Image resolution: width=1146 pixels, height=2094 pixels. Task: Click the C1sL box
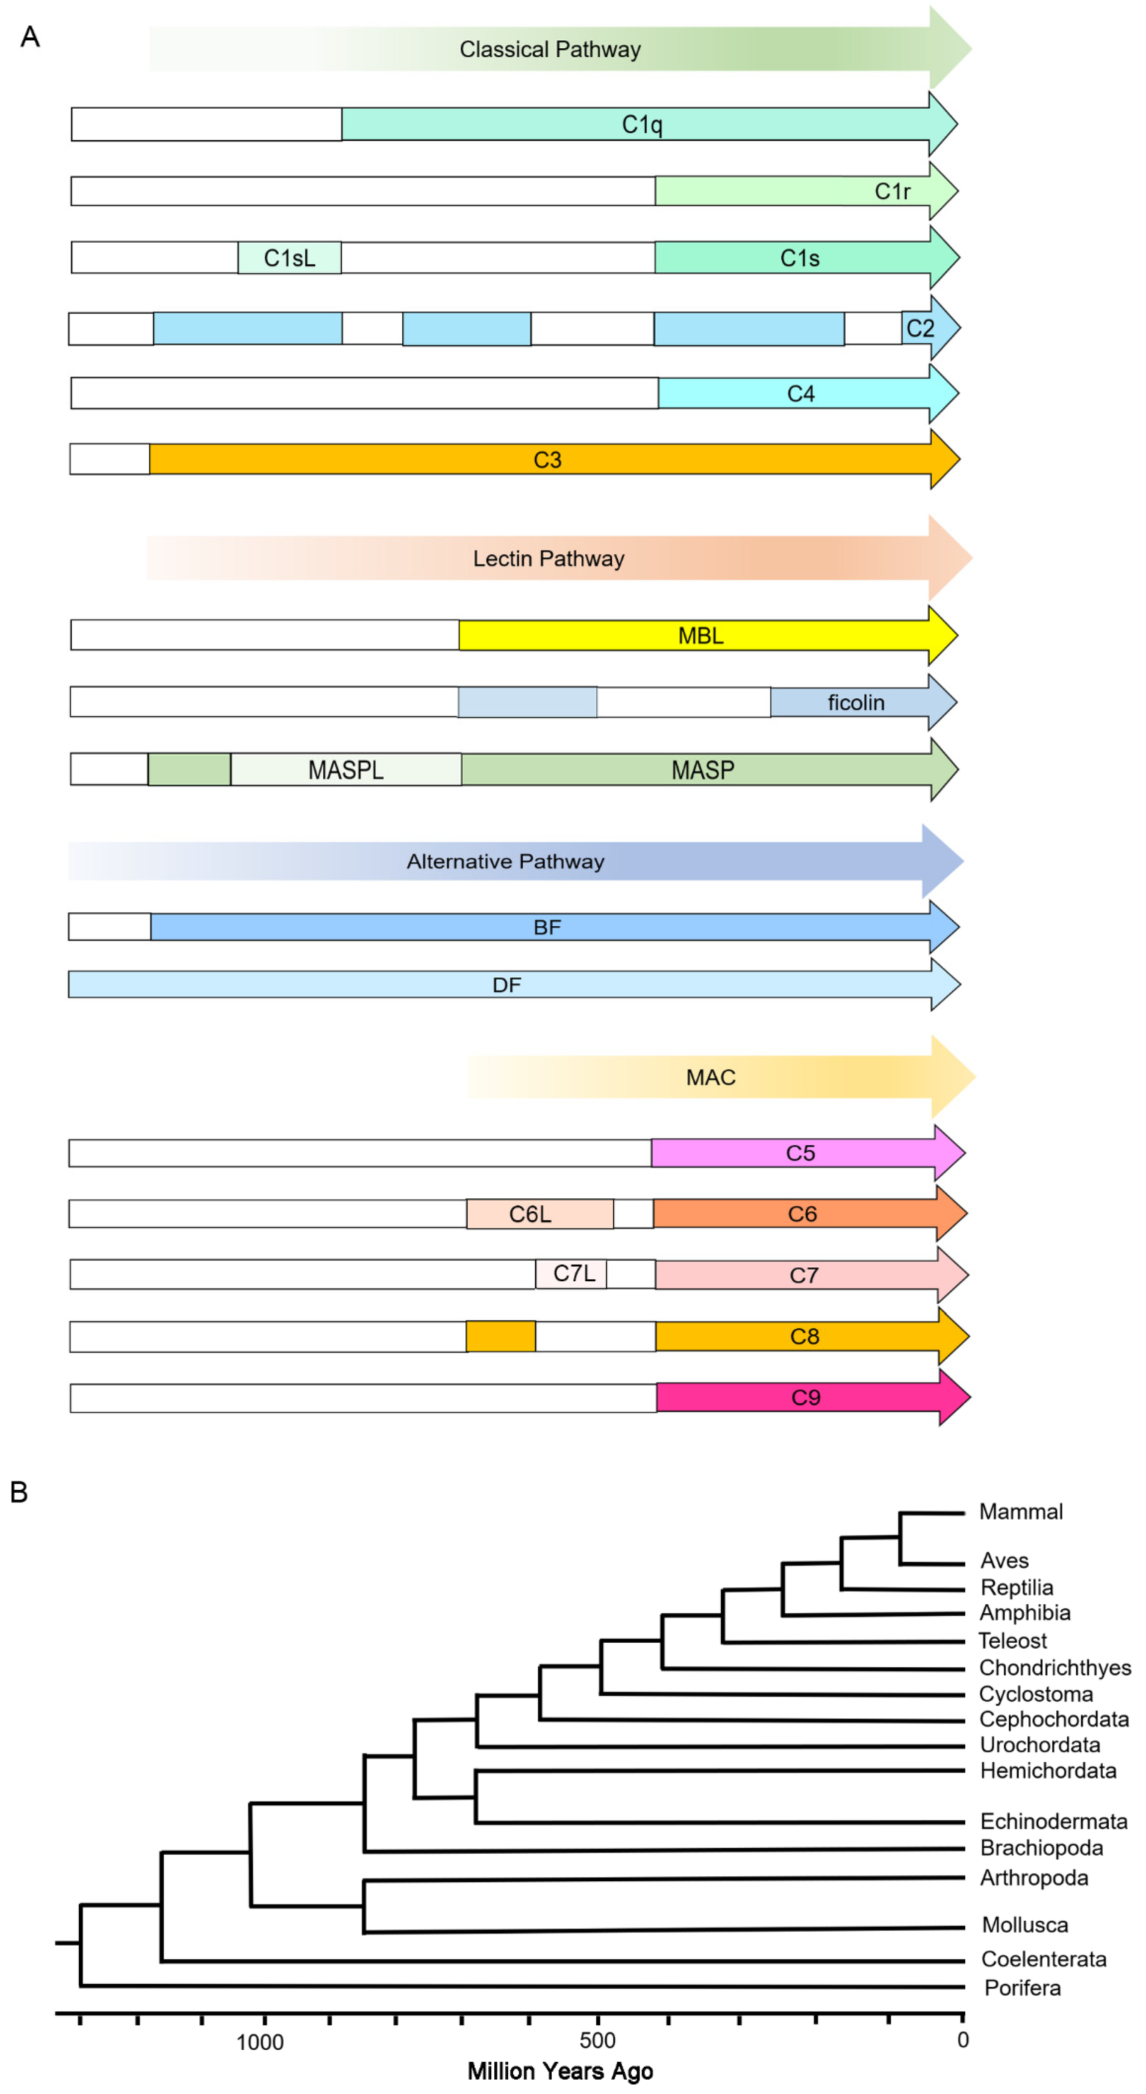point(289,258)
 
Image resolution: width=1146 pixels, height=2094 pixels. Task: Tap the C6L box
point(540,1214)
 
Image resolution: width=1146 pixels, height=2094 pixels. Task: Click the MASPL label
point(346,770)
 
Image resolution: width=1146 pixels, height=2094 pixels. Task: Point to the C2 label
point(920,328)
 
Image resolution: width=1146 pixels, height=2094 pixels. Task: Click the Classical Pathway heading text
point(550,50)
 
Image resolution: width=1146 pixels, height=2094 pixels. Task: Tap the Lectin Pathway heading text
point(548,559)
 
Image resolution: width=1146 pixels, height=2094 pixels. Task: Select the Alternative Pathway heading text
point(506,862)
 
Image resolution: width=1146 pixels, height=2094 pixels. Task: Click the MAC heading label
point(710,1078)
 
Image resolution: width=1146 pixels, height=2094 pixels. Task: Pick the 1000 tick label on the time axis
point(260,2042)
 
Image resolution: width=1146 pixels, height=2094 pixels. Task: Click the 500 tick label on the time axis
point(598,2040)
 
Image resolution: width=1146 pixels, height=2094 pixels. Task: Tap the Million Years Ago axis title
point(560,2071)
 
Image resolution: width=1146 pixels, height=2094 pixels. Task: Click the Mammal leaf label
point(1021,1512)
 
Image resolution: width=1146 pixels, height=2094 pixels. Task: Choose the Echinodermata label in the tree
point(1053,1822)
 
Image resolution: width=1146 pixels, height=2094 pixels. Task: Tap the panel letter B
point(19,1492)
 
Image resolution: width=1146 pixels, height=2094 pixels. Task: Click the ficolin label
point(856,703)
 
